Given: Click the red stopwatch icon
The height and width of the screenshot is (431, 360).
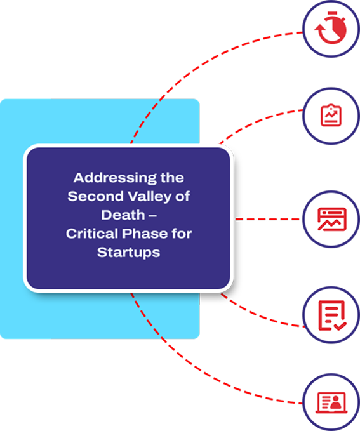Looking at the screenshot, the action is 331,28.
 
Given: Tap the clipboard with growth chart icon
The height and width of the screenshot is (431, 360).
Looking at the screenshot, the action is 331,115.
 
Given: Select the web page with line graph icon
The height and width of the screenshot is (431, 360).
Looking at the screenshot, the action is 331,219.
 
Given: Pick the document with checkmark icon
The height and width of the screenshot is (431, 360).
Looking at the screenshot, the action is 332,315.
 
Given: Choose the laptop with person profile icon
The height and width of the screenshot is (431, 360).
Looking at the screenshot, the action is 331,402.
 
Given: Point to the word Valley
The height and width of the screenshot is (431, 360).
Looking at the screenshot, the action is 150,197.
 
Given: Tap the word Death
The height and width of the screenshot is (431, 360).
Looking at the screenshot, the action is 123,215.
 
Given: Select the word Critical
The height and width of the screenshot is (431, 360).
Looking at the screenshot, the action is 92,234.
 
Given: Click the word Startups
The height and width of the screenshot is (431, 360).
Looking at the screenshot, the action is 128,253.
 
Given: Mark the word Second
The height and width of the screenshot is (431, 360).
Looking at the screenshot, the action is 95,197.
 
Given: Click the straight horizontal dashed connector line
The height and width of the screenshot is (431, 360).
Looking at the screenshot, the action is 267,219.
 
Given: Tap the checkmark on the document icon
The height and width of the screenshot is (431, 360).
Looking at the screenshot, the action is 340,326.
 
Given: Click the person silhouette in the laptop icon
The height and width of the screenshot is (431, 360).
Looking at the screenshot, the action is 336,402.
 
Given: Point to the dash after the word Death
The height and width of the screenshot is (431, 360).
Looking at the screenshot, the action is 152,216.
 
